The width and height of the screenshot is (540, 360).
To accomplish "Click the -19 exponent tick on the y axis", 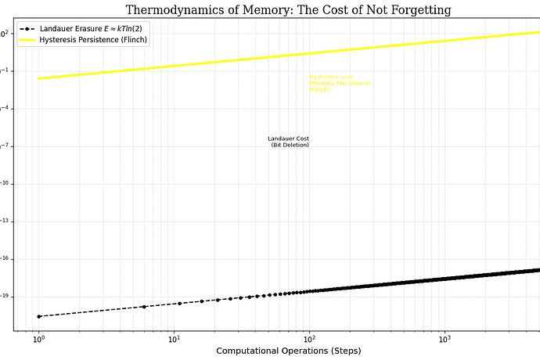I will click(x=5, y=297).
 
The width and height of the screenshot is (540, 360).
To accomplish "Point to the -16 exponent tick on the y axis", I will click(x=5, y=259).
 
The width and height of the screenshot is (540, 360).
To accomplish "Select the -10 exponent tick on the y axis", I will click(x=5, y=184).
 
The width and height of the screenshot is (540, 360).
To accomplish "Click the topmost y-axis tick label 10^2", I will click(x=5, y=34).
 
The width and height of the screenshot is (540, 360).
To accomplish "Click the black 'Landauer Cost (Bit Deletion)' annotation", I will click(x=289, y=142).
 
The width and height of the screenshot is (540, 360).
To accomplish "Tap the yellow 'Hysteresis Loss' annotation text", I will click(x=339, y=83).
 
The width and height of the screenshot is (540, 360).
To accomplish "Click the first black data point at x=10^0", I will click(x=38, y=316).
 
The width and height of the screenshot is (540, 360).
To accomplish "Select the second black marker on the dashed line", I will click(x=144, y=307).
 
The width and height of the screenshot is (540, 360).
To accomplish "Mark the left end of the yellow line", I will click(x=38, y=78).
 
